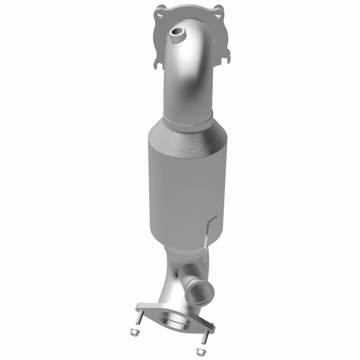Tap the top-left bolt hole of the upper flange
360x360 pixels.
click(x=159, y=15)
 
